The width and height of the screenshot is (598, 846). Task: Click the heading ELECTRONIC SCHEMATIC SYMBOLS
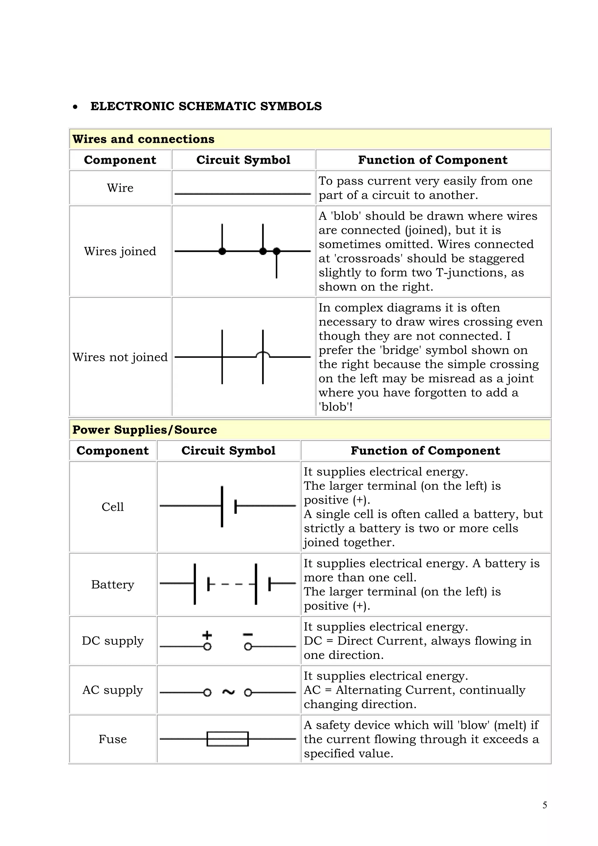click(x=206, y=106)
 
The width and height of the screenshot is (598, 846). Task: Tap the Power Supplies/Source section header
click(x=144, y=430)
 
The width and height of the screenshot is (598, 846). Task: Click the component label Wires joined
click(x=120, y=251)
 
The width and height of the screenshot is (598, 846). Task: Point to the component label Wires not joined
click(x=120, y=357)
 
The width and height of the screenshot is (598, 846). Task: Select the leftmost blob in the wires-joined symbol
click(x=222, y=251)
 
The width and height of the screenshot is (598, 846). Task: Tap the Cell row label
click(x=113, y=507)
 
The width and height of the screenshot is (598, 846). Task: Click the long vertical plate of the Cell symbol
click(x=222, y=507)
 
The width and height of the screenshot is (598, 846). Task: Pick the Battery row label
click(x=113, y=584)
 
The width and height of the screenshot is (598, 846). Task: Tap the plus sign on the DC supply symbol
click(x=207, y=635)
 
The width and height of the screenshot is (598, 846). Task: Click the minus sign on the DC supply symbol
click(x=248, y=634)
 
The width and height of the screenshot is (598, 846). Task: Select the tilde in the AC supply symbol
click(x=228, y=692)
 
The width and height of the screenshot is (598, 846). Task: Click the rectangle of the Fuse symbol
click(x=227, y=739)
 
